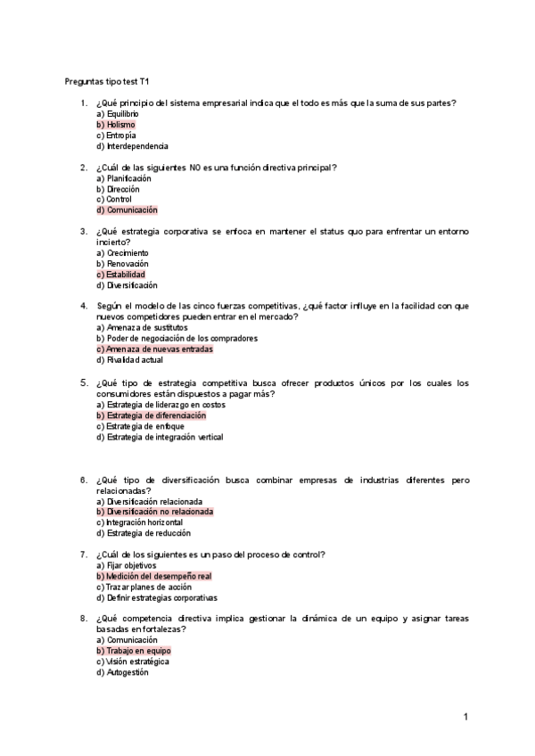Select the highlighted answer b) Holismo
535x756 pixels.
point(116,125)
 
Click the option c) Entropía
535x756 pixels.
point(116,136)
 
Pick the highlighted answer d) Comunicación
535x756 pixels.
point(127,210)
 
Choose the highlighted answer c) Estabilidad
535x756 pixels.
point(120,275)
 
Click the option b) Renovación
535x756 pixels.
point(121,264)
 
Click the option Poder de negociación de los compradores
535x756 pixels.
point(164,339)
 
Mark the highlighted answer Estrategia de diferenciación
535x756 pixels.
point(151,415)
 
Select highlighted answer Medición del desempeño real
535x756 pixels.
point(153,577)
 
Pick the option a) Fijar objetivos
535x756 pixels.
point(125,566)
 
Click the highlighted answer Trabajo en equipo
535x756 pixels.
point(133,652)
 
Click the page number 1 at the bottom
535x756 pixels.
point(465,717)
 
